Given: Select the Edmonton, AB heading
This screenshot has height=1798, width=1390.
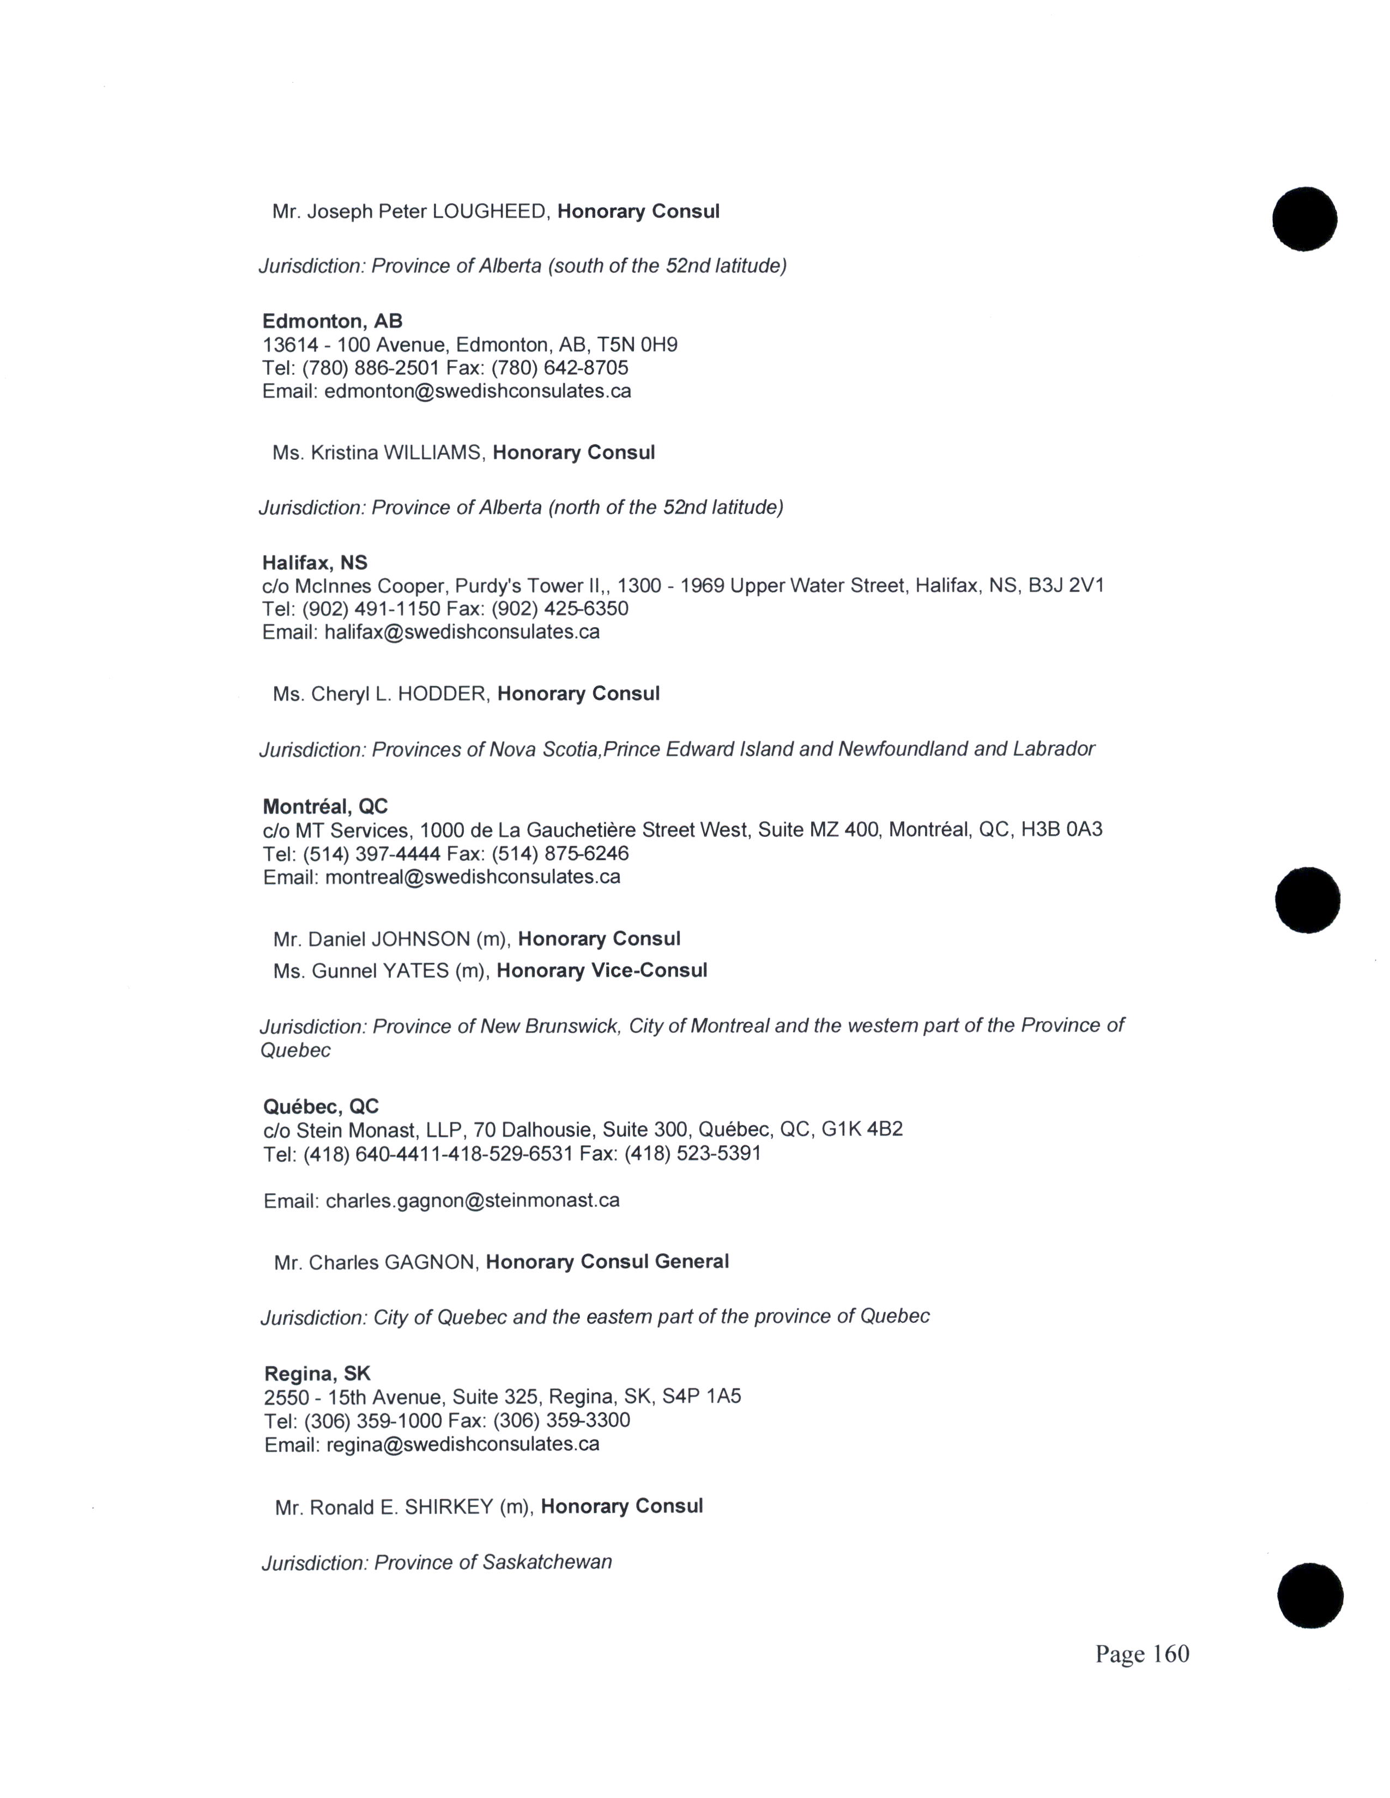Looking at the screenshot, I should click(332, 321).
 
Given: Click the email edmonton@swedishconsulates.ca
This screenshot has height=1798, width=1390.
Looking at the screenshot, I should click(478, 391).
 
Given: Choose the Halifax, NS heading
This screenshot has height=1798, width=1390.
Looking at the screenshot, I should click(315, 563).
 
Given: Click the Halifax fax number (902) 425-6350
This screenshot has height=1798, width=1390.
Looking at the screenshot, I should click(560, 609).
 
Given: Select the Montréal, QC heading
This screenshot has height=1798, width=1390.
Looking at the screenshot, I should click(325, 807).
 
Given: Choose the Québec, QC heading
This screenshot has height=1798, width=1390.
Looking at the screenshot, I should click(321, 1107).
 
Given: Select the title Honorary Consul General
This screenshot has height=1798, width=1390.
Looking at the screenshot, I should click(607, 1262).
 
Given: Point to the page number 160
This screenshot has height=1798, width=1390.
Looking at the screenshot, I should click(1171, 1655).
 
